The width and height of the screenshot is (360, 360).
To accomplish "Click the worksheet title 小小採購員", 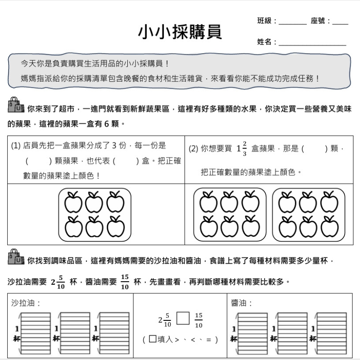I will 180,31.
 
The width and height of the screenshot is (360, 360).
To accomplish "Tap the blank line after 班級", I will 293,22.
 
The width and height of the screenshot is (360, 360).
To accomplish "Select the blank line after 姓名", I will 313,44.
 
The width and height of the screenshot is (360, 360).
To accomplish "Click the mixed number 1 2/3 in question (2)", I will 242,149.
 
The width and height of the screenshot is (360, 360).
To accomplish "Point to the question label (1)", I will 16,145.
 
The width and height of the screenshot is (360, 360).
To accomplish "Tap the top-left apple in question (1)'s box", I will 73,202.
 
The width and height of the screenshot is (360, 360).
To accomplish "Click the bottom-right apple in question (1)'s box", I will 116,226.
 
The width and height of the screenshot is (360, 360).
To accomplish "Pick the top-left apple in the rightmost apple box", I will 287,202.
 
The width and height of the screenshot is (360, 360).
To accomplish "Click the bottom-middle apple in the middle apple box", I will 229,226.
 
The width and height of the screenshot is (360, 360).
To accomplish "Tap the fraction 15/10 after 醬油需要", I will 125,282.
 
